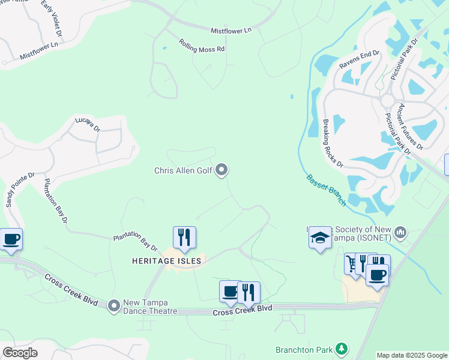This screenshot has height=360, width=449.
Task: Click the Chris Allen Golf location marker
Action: point(222,170)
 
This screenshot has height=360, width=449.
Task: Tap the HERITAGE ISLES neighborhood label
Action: point(167,260)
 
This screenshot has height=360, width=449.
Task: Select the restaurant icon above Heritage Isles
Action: point(185,238)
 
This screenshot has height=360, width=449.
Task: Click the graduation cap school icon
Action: point(320,239)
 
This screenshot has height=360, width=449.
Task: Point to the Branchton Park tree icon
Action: point(342,349)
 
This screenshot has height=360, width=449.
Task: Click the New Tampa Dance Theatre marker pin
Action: point(114,307)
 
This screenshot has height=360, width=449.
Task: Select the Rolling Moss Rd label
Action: point(201,45)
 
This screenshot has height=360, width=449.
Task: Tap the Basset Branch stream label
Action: point(326,190)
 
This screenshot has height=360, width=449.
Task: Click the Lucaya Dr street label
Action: point(88,124)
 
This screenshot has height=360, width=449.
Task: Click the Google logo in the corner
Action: point(20,353)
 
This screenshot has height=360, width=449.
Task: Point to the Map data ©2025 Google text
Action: point(412,355)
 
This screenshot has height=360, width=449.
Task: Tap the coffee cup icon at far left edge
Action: point(11,239)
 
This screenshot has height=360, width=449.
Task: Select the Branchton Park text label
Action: point(304,349)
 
